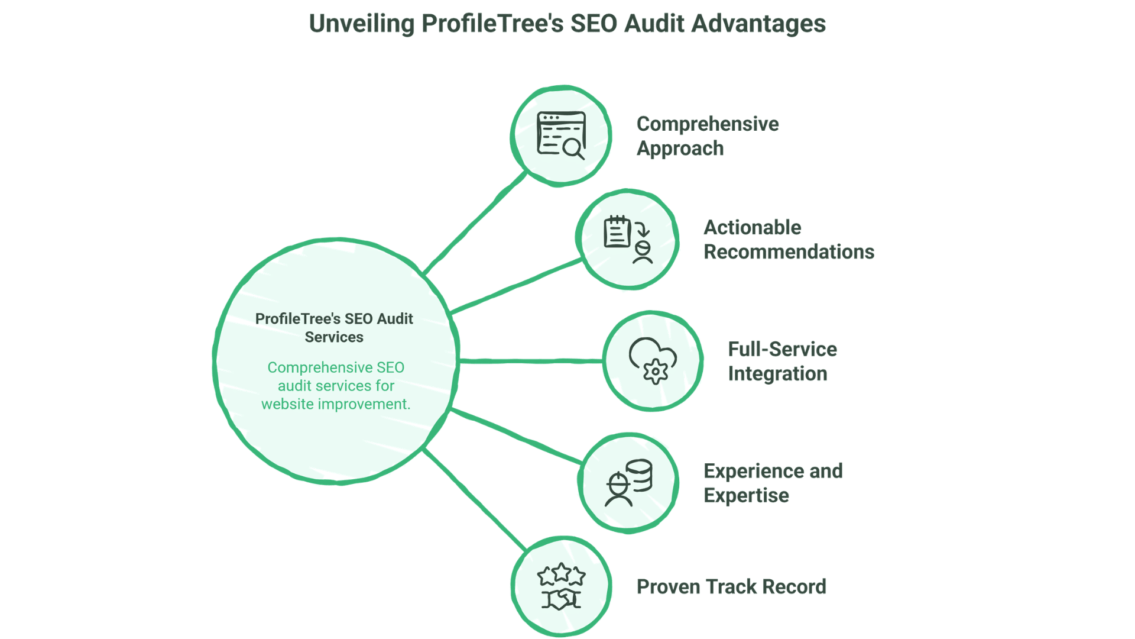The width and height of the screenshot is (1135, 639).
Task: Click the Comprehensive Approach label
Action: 707,136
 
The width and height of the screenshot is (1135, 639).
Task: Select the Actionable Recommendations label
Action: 788,240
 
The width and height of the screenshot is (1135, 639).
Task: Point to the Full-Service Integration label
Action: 781,362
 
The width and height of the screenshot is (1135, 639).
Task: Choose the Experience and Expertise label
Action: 773,483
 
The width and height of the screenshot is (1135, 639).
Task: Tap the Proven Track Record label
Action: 731,586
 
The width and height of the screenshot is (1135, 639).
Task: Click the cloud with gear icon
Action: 653,361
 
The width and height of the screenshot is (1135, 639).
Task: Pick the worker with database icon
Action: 628,483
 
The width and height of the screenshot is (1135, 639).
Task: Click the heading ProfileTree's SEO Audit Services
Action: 334,328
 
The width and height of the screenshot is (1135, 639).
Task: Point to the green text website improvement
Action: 335,404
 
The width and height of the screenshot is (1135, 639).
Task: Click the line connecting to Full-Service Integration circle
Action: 530,360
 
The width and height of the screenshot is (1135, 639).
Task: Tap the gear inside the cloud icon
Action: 655,372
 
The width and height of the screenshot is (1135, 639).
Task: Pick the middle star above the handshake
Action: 561,572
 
